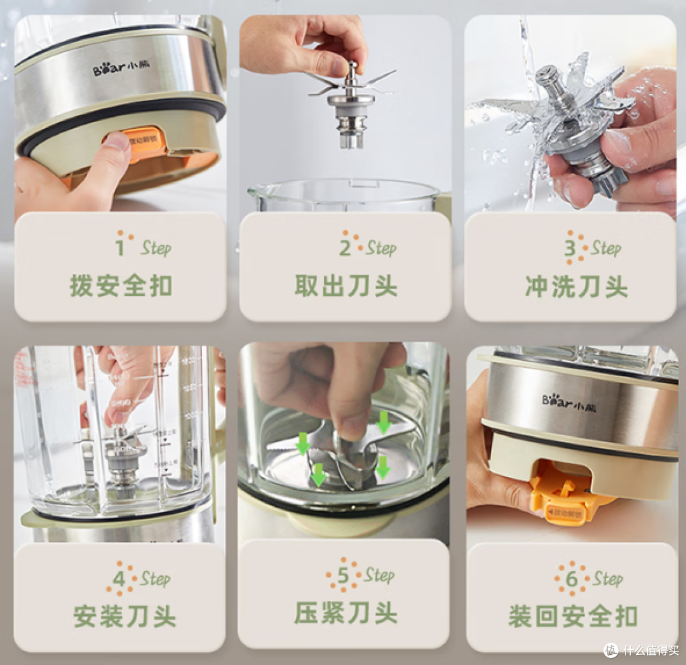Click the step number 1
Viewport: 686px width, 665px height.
click(x=120, y=246)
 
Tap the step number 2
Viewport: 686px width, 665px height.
click(x=345, y=248)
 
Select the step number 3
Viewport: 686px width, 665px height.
click(x=570, y=248)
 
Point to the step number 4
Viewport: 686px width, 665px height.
click(x=119, y=579)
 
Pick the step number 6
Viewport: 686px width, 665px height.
click(x=571, y=579)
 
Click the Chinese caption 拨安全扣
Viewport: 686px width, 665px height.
click(x=121, y=286)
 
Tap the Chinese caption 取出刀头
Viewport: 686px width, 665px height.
click(x=346, y=286)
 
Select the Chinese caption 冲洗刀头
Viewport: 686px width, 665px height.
click(x=576, y=286)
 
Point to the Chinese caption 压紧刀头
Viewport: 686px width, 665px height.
click(x=346, y=614)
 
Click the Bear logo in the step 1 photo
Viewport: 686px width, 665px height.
click(x=117, y=69)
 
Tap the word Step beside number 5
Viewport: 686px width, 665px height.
click(x=379, y=575)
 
